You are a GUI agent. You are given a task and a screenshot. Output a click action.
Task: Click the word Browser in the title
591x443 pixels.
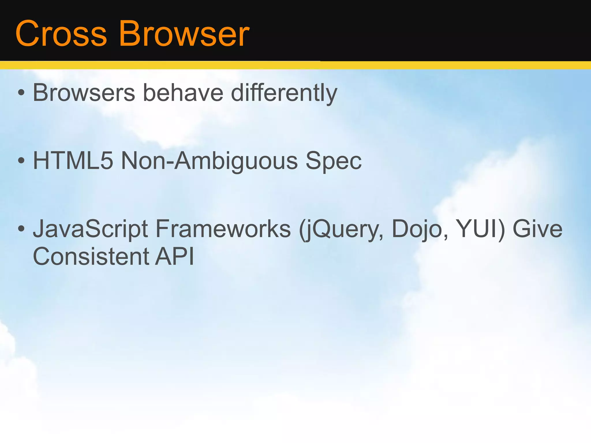click(x=184, y=34)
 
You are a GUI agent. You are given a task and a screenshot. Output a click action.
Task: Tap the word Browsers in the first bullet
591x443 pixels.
click(x=84, y=93)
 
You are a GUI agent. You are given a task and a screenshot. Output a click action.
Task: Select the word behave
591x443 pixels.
click(x=183, y=93)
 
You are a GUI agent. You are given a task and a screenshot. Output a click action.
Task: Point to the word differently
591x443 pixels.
click(x=284, y=93)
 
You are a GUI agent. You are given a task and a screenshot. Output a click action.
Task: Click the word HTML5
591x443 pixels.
click(x=73, y=161)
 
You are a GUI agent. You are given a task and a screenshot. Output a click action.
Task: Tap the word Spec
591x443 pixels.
click(x=333, y=161)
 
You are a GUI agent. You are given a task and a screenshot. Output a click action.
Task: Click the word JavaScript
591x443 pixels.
click(x=91, y=229)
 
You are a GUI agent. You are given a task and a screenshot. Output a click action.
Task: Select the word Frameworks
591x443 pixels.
click(x=223, y=229)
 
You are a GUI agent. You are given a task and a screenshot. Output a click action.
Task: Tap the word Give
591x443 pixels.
click(x=537, y=229)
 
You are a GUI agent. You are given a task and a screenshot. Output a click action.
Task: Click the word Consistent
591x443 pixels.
click(x=91, y=256)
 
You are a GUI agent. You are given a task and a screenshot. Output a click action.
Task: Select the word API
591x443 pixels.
click(x=175, y=256)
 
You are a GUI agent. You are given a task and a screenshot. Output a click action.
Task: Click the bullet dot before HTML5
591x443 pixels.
click(x=21, y=161)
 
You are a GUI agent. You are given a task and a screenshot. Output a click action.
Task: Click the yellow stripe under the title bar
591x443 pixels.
click(x=295, y=65)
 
